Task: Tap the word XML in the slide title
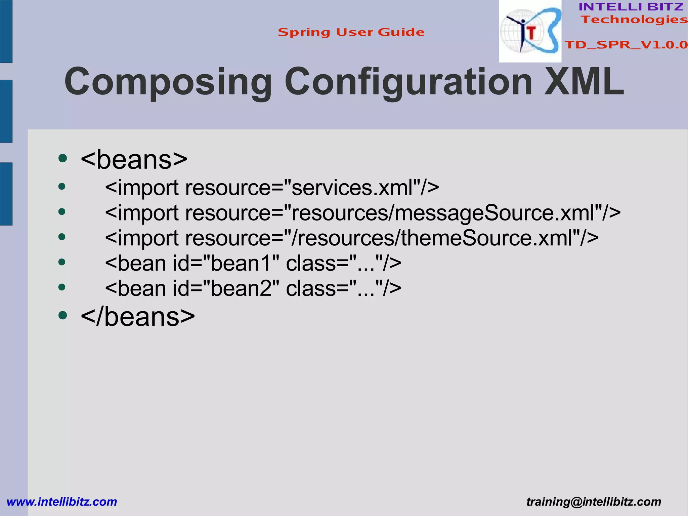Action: point(584,81)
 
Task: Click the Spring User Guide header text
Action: point(351,32)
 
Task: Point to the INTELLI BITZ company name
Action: point(631,7)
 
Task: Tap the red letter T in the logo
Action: point(531,33)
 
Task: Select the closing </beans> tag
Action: point(138,317)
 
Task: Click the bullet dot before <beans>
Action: point(62,158)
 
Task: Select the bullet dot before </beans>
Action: point(62,315)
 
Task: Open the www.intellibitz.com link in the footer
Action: point(62,502)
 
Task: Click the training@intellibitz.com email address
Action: point(594,502)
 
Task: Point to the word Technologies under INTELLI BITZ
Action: point(634,19)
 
